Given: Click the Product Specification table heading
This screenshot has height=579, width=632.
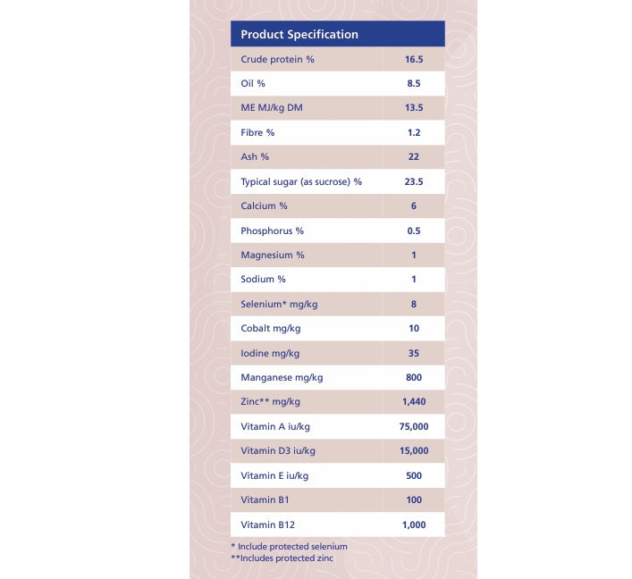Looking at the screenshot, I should click(299, 35).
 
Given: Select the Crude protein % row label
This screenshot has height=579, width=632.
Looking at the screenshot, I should click(277, 60).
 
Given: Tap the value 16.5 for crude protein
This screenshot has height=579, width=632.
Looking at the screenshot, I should click(413, 60).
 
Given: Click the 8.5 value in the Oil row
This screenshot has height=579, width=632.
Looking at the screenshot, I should click(413, 84).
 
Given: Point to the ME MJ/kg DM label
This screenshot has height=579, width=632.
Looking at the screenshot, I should click(272, 108).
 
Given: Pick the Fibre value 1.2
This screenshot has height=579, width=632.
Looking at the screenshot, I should click(413, 133).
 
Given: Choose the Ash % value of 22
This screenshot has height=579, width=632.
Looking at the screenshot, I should click(413, 157).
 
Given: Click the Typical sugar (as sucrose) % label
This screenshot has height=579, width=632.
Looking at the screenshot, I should click(301, 182).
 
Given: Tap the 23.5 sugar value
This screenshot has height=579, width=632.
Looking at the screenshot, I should click(413, 182).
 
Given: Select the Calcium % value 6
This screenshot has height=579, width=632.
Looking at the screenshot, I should click(413, 206).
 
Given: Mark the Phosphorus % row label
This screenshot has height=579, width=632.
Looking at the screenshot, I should click(273, 231).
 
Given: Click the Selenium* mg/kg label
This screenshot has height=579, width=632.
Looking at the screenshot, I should click(279, 305).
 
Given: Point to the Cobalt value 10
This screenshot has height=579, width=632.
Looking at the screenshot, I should click(413, 329).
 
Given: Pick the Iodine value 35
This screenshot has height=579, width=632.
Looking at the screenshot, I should click(413, 353).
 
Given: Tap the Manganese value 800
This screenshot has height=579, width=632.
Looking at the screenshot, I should click(413, 378).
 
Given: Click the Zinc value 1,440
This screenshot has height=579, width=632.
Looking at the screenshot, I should click(413, 402).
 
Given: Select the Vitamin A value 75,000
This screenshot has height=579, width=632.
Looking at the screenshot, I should click(414, 427).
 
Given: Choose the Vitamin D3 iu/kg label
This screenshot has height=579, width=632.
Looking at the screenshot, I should click(278, 451).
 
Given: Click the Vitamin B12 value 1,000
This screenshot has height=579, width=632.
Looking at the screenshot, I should click(413, 525).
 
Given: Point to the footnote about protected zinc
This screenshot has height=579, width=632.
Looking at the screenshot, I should click(282, 558).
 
